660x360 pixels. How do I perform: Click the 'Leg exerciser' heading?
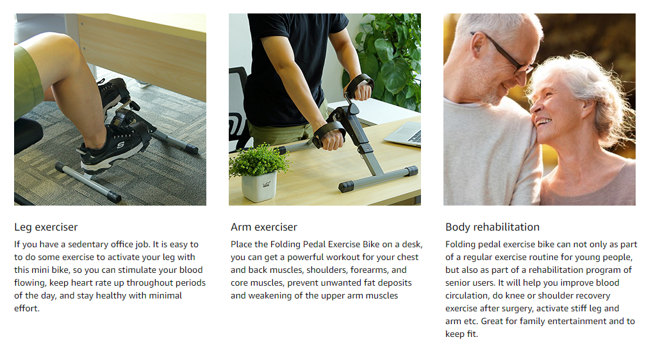click(46, 227)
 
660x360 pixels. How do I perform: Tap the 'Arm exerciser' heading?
click(264, 227)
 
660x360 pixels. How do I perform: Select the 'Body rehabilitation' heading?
click(493, 227)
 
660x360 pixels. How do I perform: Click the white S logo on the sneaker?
click(121, 144)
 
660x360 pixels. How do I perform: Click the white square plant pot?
click(259, 186)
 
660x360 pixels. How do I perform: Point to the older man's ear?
click(477, 45)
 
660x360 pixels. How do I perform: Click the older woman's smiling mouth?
click(543, 122)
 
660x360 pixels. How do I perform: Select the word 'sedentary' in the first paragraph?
click(88, 244)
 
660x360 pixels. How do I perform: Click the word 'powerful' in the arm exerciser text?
click(304, 258)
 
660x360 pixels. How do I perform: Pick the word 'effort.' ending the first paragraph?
click(27, 308)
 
